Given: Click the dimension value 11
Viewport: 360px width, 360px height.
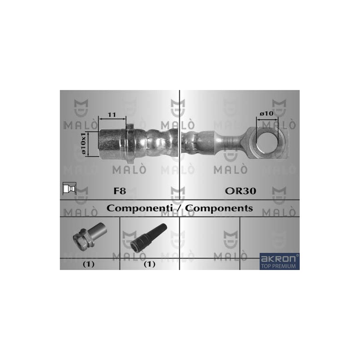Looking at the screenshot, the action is (112, 115).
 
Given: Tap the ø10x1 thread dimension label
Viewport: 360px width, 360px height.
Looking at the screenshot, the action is (83, 143).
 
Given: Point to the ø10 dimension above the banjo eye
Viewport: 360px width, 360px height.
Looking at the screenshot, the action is (266, 113).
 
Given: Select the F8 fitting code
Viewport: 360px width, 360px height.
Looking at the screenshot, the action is (120, 191).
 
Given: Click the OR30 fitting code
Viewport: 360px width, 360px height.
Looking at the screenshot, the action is (240, 191).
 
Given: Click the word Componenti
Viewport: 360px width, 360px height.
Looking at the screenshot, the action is (139, 208).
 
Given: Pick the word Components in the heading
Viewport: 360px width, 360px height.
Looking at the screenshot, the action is (219, 208).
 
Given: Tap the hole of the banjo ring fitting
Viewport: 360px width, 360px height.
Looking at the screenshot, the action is (267, 143).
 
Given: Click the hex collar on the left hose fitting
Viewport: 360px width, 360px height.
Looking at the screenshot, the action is (130, 144).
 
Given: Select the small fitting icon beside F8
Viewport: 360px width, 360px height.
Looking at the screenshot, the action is (69, 189).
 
